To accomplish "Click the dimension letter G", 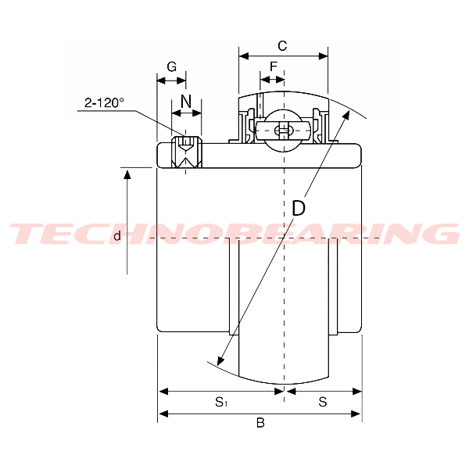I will [x=171, y=67].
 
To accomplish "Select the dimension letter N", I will [x=186, y=101].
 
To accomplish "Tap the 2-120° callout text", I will [x=105, y=102].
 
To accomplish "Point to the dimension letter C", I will [x=282, y=45].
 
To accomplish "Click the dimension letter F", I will [x=274, y=67].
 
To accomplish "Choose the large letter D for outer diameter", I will [x=299, y=209].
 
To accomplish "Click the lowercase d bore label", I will [x=116, y=235].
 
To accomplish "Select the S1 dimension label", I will [x=221, y=403].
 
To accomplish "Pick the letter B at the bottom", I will [x=260, y=423].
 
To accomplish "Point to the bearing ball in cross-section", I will [x=281, y=131].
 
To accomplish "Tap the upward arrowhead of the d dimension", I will [x=127, y=174].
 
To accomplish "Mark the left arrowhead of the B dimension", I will [x=163, y=414].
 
